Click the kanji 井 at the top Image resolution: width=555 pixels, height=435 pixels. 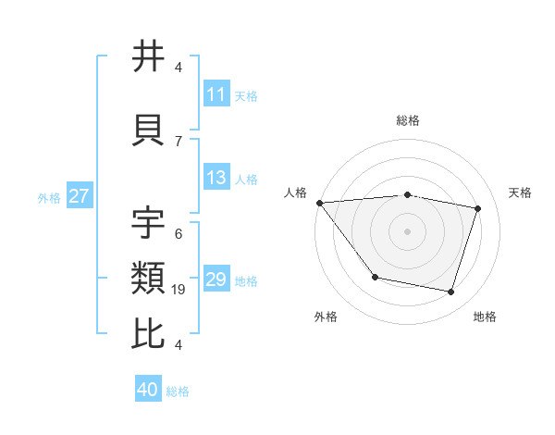[x=149, y=56]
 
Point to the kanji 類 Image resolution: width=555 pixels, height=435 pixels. [x=149, y=278]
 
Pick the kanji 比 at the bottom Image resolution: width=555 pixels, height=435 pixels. [x=149, y=334]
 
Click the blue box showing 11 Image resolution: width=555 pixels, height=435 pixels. [x=216, y=94]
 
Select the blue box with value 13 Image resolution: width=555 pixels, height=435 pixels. [x=216, y=178]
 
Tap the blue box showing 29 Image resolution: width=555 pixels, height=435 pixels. [x=216, y=280]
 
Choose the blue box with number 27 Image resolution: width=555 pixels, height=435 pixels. [x=80, y=196]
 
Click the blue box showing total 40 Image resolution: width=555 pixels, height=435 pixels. [x=148, y=390]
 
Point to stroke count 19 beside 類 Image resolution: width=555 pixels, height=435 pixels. [x=179, y=290]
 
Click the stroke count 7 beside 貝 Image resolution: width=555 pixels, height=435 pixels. [x=179, y=141]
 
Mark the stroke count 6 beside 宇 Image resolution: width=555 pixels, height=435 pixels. [x=179, y=234]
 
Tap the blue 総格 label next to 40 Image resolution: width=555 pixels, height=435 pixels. [x=178, y=391]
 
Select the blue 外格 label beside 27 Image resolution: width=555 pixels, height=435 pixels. [x=49, y=197]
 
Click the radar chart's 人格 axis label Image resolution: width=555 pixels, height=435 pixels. [x=296, y=193]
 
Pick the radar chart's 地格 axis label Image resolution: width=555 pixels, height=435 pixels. [x=485, y=317]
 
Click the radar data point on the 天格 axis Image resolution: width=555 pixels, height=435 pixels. [x=478, y=208]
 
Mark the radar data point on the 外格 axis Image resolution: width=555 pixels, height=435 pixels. [x=375, y=277]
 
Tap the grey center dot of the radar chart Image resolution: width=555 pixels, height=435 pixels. [x=407, y=231]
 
